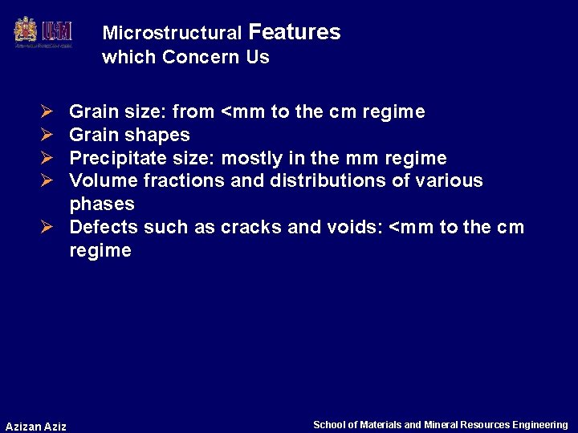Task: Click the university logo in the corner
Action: point(43,32)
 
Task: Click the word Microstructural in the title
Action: point(172,34)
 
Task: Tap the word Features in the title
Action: point(295,32)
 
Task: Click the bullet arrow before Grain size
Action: point(47,111)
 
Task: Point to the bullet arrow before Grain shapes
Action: point(47,135)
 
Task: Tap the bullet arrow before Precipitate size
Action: point(47,158)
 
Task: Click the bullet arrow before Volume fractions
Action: point(47,180)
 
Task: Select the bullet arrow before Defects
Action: point(47,227)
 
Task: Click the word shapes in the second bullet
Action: point(163,135)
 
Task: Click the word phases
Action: point(102,204)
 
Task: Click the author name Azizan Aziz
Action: point(36,426)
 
